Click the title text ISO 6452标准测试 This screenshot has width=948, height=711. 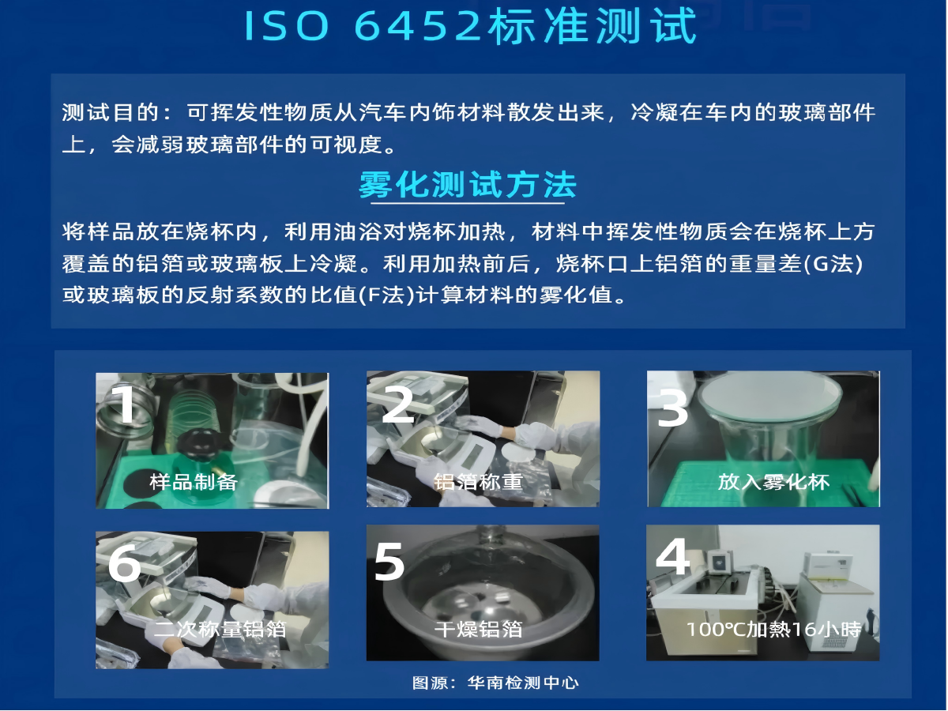tap(470, 26)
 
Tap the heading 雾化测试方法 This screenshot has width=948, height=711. tap(468, 185)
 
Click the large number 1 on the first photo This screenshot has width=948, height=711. tap(126, 404)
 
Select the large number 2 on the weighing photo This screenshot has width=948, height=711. tap(398, 404)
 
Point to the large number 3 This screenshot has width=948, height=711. tap(673, 408)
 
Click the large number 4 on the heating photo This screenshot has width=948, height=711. tap(673, 556)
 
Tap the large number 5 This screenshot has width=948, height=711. tap(389, 561)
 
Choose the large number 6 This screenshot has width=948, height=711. tap(124, 563)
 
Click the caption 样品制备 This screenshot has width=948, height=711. tap(194, 482)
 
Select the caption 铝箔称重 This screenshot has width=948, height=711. tap(478, 482)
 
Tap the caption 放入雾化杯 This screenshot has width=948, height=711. tap(773, 482)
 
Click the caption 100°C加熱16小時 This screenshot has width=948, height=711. tap(774, 630)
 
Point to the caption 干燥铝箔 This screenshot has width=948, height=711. tap(478, 630)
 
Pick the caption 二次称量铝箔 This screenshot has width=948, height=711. tap(220, 630)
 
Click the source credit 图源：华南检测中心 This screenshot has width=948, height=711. tap(495, 683)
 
